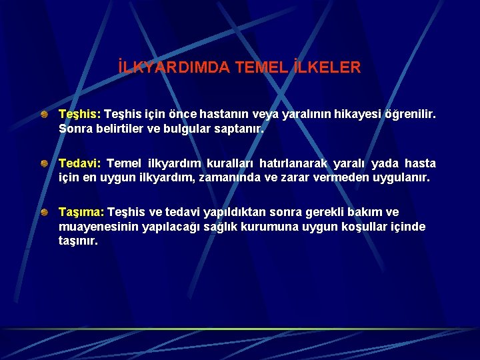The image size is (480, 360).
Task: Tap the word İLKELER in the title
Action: pos(327,67)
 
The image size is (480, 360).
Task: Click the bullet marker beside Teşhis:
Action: pos(43,114)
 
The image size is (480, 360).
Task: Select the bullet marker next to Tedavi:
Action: pos(43,163)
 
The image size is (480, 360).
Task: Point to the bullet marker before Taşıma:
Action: pos(43,212)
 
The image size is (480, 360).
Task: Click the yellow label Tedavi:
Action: pos(79,163)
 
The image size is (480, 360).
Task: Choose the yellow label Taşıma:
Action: pos(81,213)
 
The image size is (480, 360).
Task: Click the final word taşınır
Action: pos(78,241)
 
